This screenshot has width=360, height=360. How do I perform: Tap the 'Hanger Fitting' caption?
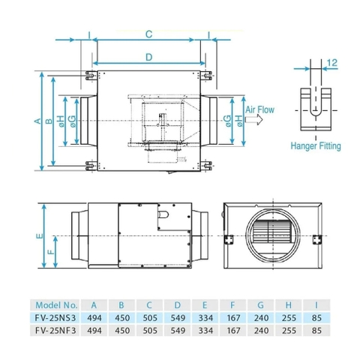pyautogui.click(x=316, y=146)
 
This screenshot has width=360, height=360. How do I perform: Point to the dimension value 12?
pyautogui.click(x=334, y=63)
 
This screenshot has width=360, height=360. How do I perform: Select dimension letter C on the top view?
pyautogui.click(x=149, y=34)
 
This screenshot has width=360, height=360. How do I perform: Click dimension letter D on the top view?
pyautogui.click(x=149, y=57)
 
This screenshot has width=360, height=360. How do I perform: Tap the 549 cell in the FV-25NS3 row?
pyautogui.click(x=176, y=316)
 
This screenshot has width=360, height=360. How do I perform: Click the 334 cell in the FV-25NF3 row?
pyautogui.click(x=204, y=328)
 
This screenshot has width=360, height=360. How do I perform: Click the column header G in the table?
pyautogui.click(x=259, y=305)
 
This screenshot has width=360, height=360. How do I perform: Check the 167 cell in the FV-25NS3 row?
pyautogui.click(x=232, y=316)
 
